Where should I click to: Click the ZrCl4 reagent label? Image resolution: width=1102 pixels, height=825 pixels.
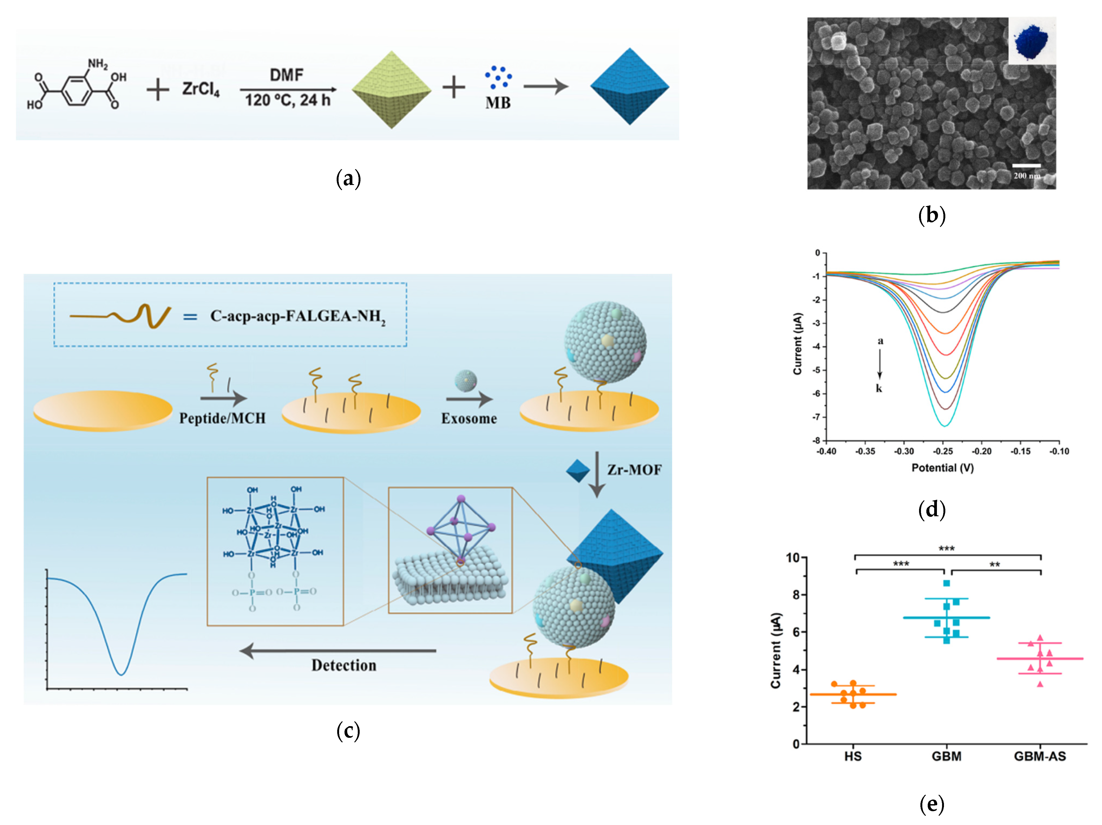(201, 89)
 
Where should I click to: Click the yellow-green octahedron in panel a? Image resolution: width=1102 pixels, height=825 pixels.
(392, 90)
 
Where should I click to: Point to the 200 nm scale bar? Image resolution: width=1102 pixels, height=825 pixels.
(1026, 165)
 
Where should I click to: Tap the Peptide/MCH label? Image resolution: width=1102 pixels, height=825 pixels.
(222, 418)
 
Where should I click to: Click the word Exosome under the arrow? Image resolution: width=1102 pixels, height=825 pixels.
(469, 419)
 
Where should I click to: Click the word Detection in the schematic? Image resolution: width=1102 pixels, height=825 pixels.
(344, 665)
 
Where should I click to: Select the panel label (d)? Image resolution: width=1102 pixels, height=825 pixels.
(931, 509)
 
